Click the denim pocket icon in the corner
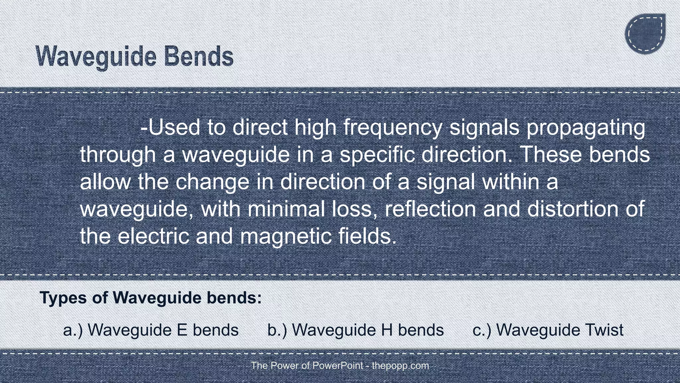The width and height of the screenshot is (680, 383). [645, 34]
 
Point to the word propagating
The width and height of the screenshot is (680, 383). [586, 127]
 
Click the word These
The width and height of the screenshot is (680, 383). [548, 155]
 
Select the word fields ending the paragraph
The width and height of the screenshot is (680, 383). [367, 236]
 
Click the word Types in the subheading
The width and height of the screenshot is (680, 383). [63, 298]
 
